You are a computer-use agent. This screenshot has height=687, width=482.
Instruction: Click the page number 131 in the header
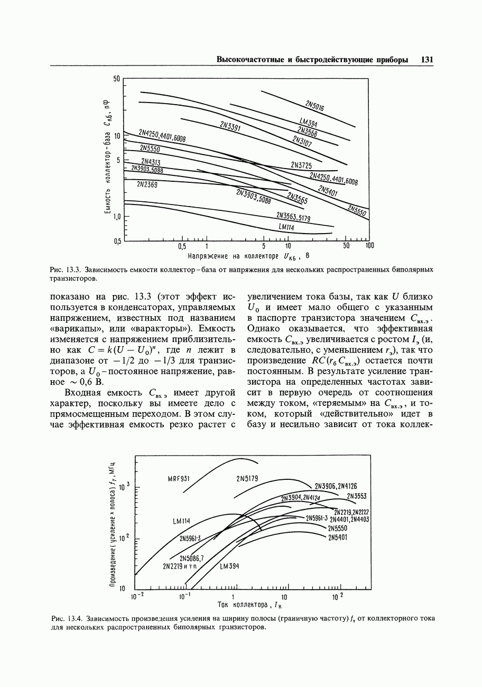click(427, 60)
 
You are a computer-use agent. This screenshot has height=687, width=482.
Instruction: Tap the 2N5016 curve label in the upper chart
click(315, 105)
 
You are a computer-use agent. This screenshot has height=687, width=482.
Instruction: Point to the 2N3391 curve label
click(230, 127)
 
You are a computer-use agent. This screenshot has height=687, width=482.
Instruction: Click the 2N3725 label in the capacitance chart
click(301, 165)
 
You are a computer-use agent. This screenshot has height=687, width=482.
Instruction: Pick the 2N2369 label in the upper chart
click(147, 184)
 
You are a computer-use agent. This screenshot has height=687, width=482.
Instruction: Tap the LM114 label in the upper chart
click(286, 227)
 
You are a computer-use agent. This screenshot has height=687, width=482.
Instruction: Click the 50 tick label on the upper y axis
click(117, 79)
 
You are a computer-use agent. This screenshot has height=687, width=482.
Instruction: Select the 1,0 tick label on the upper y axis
click(117, 217)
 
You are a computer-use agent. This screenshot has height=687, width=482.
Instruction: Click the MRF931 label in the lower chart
click(178, 479)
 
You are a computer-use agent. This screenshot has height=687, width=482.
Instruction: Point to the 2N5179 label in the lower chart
click(247, 479)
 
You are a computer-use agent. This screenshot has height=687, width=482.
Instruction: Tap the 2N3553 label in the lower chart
click(357, 496)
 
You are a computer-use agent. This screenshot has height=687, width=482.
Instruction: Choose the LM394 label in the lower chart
click(230, 566)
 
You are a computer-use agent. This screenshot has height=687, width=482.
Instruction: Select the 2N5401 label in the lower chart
click(338, 538)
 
